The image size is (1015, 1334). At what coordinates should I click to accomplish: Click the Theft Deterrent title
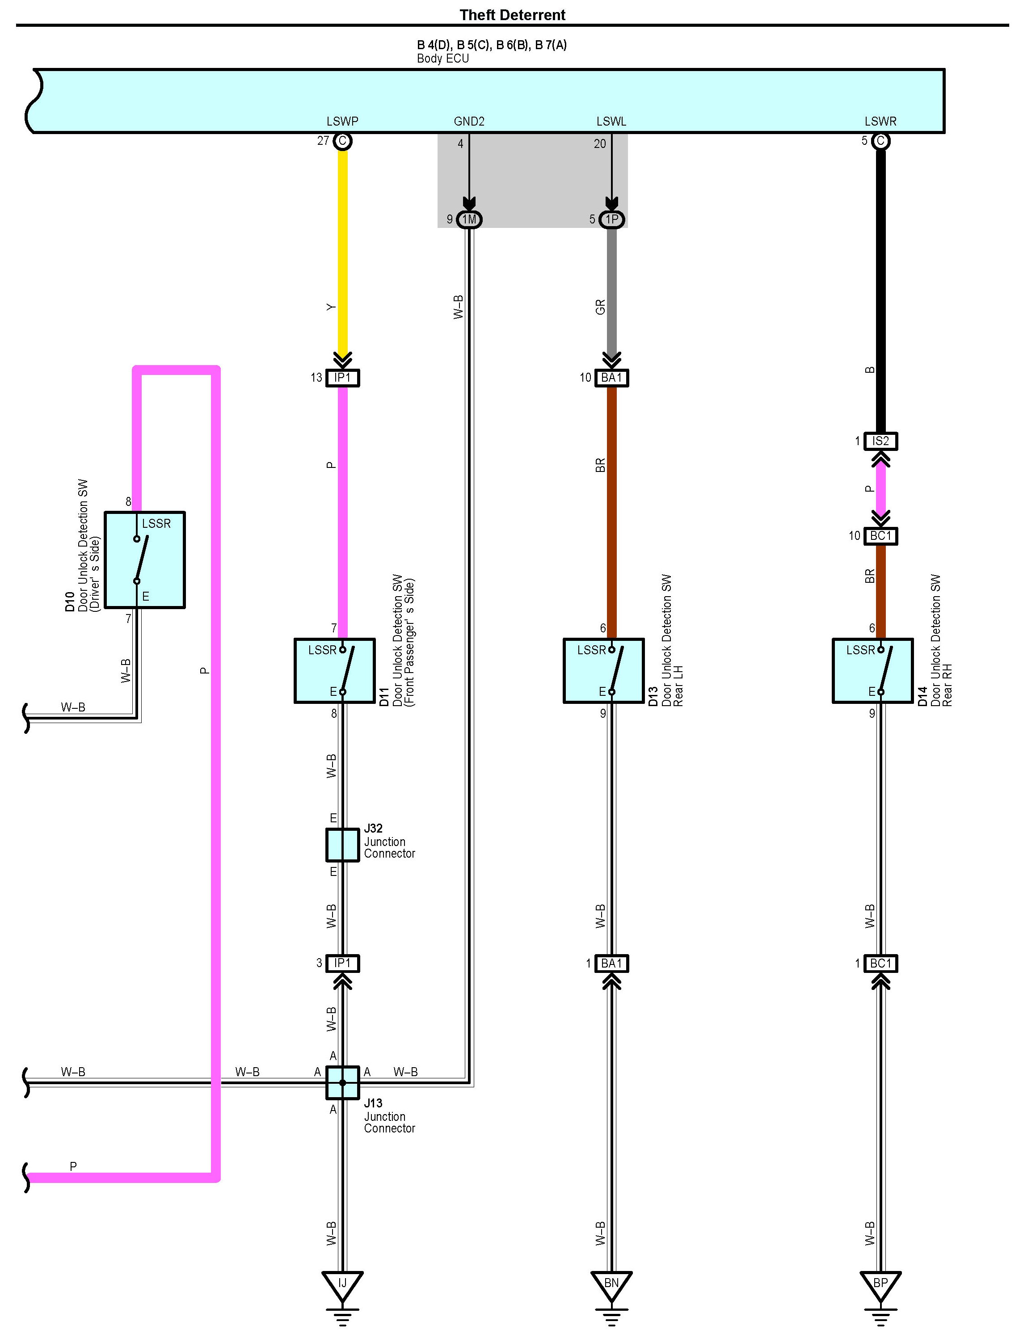(512, 15)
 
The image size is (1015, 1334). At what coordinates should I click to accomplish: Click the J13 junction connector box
(342, 1083)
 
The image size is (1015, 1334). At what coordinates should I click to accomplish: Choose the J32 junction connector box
(342, 845)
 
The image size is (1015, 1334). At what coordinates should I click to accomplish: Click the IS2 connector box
(880, 441)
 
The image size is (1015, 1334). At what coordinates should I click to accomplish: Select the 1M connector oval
(469, 219)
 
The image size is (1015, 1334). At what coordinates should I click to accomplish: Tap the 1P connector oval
(612, 219)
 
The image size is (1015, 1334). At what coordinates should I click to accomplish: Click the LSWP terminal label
(342, 122)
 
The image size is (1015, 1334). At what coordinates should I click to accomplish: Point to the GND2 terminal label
(469, 122)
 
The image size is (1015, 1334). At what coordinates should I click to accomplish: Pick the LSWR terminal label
(880, 122)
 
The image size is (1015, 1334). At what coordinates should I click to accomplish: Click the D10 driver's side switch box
(145, 560)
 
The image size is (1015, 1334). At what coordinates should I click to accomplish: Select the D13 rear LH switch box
(603, 671)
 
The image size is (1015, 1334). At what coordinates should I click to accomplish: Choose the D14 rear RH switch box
(872, 671)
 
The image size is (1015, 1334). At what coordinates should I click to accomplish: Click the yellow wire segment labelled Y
(342, 254)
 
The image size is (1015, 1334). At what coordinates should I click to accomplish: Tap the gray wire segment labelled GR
(611, 290)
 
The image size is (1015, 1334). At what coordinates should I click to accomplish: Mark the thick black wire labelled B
(880, 290)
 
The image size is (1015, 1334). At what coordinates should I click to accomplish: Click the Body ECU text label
(443, 59)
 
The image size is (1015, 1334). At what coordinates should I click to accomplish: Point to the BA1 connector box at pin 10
(611, 378)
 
